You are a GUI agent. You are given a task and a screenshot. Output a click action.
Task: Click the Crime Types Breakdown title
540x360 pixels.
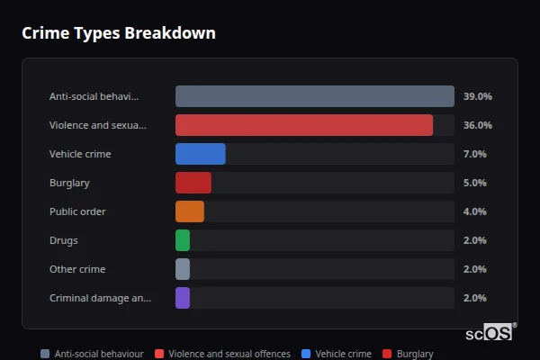[119, 33]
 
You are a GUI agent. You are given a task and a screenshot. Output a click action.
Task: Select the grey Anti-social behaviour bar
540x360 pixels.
[314, 96]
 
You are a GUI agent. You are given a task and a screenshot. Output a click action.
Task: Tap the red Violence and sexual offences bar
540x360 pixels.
[303, 125]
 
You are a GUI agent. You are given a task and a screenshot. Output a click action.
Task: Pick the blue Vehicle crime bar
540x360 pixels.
[200, 154]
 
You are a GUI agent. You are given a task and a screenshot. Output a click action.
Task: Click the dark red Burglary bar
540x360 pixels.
[193, 183]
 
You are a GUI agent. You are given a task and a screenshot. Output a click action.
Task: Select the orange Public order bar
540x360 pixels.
[189, 211]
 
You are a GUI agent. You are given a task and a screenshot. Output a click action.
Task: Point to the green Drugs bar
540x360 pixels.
[183, 240]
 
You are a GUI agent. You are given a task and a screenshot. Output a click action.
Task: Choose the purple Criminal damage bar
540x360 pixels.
[183, 298]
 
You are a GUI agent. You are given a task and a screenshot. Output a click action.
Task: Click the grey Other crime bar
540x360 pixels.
[183, 269]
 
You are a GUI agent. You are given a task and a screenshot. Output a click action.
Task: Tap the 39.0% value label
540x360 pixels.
[477, 96]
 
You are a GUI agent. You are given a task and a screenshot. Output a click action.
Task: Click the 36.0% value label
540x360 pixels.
[477, 125]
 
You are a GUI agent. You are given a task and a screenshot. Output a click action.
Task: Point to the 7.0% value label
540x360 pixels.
[474, 154]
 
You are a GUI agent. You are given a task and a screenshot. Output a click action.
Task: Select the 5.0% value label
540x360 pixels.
[474, 183]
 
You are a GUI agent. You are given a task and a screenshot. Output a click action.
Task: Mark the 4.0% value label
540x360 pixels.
[474, 211]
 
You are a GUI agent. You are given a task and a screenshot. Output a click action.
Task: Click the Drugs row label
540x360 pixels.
[64, 240]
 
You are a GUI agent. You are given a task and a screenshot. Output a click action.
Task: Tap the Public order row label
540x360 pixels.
[77, 211]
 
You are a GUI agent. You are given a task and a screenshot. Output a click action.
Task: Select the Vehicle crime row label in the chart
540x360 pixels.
[80, 154]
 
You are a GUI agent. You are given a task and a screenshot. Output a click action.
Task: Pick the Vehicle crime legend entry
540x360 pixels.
[337, 354]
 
